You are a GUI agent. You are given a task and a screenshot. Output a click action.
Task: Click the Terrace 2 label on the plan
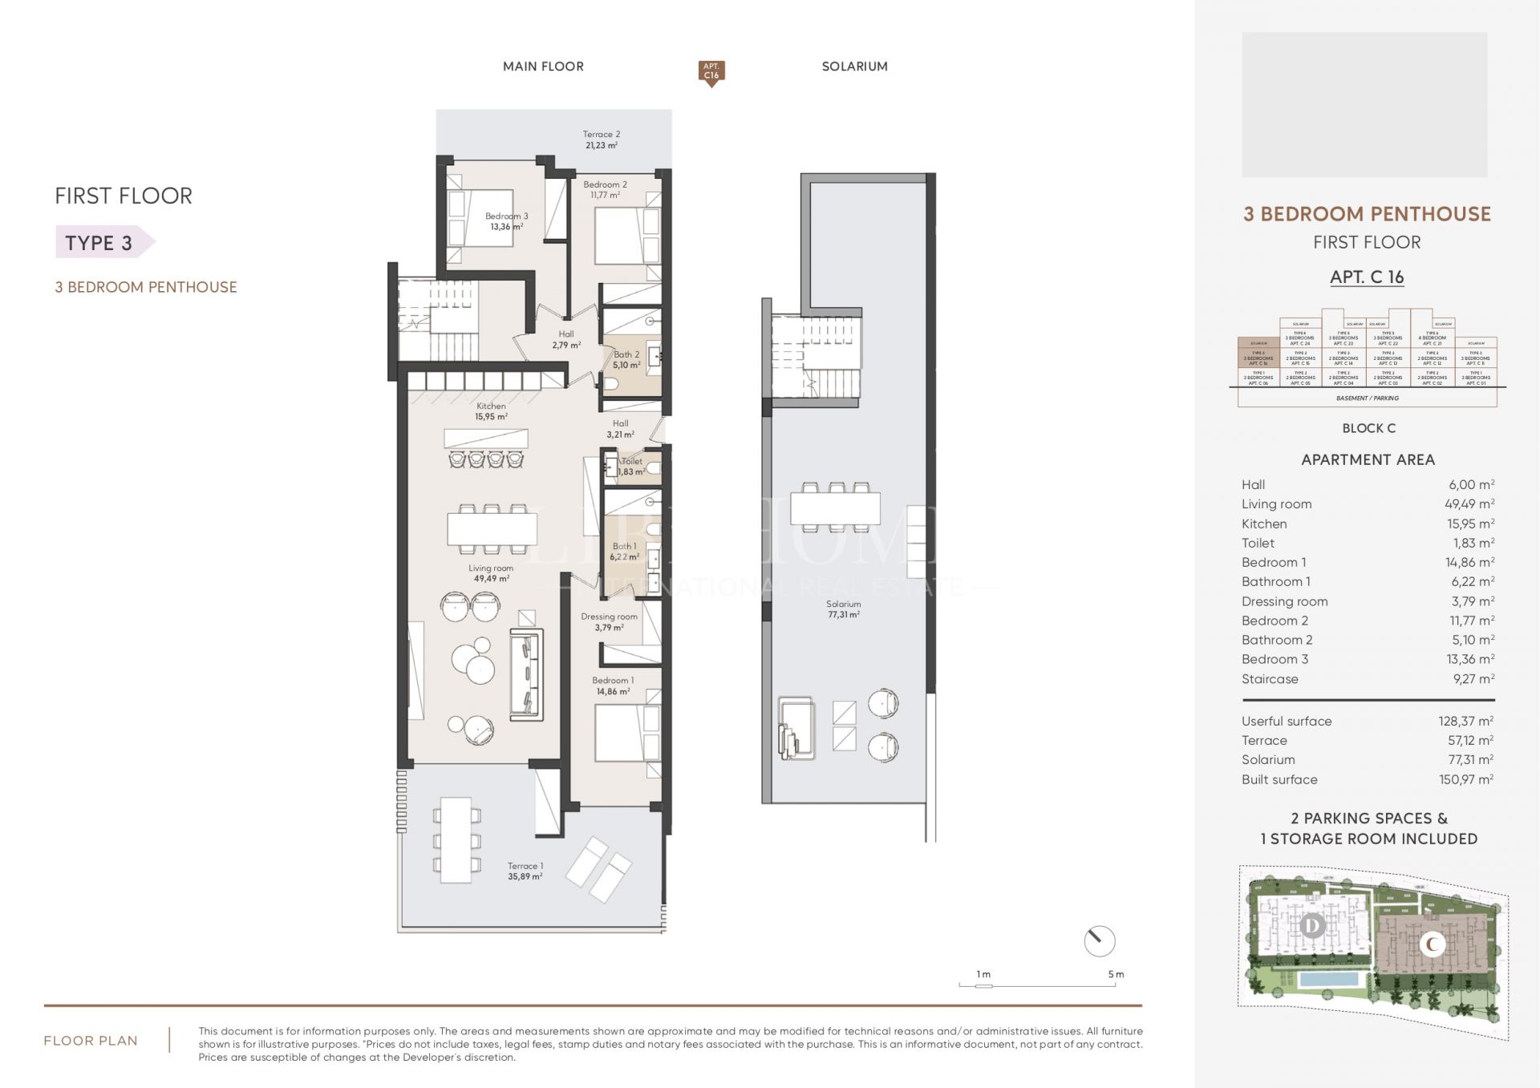click(601, 135)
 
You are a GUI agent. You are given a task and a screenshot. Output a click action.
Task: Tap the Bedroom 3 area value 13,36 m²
click(507, 227)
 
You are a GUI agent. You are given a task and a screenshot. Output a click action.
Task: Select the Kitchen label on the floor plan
click(491, 406)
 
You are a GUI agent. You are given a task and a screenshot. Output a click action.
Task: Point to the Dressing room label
click(609, 617)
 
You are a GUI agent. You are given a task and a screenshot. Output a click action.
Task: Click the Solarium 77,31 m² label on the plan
click(843, 609)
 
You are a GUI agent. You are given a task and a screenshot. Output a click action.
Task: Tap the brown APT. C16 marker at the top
click(711, 72)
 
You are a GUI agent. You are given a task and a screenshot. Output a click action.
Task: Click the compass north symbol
click(1099, 940)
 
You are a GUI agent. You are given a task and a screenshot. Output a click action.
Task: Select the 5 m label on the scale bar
click(1116, 974)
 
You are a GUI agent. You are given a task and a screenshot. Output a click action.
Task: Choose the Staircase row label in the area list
click(1270, 678)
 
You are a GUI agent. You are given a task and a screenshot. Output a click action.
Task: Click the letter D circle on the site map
click(1312, 926)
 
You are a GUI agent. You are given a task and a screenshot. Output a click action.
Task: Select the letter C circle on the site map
click(1432, 944)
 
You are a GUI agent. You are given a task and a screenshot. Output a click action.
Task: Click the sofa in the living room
click(526, 673)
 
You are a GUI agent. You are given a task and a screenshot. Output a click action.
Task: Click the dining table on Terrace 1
click(456, 839)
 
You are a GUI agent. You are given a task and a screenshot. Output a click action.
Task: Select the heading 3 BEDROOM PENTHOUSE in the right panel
click(1367, 214)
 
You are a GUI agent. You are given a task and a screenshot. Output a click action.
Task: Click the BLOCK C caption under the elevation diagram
click(1368, 428)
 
